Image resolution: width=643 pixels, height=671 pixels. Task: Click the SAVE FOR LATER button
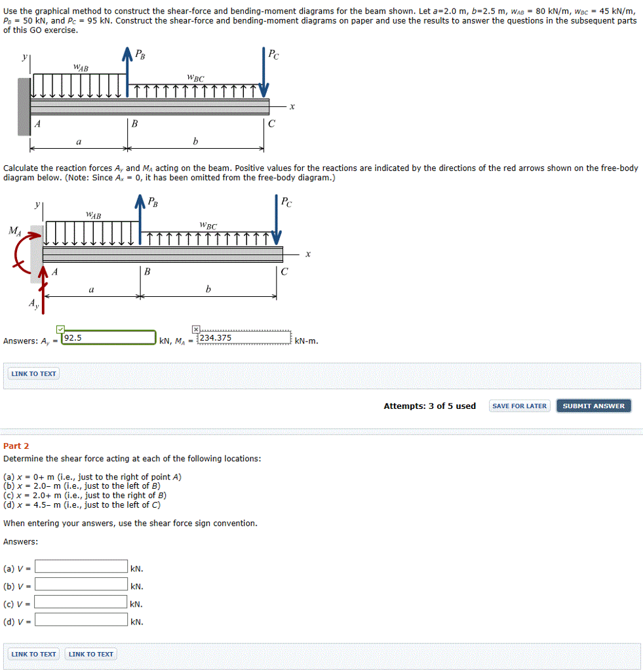coord(519,406)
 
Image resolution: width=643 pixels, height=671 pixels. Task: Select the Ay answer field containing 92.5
coord(108,338)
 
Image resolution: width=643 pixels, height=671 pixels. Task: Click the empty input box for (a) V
coord(81,567)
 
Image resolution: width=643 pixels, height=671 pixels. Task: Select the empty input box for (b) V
coord(81,585)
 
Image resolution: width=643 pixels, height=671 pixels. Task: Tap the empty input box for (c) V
coord(81,602)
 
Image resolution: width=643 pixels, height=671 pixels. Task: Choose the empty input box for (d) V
coord(81,620)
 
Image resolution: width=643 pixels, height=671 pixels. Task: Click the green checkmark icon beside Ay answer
coord(60,328)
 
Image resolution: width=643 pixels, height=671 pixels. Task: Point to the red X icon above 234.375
coord(196,328)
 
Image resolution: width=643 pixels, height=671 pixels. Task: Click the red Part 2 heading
coord(16,446)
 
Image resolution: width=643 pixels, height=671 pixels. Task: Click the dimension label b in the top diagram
coord(195,141)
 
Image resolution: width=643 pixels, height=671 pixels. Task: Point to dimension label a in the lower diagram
coord(91,289)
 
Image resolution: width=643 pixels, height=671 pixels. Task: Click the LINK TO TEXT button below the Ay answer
coord(34,374)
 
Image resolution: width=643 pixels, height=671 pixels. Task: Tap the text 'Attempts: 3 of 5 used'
coord(429,406)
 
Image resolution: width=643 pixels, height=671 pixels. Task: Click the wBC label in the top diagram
coord(195,79)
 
